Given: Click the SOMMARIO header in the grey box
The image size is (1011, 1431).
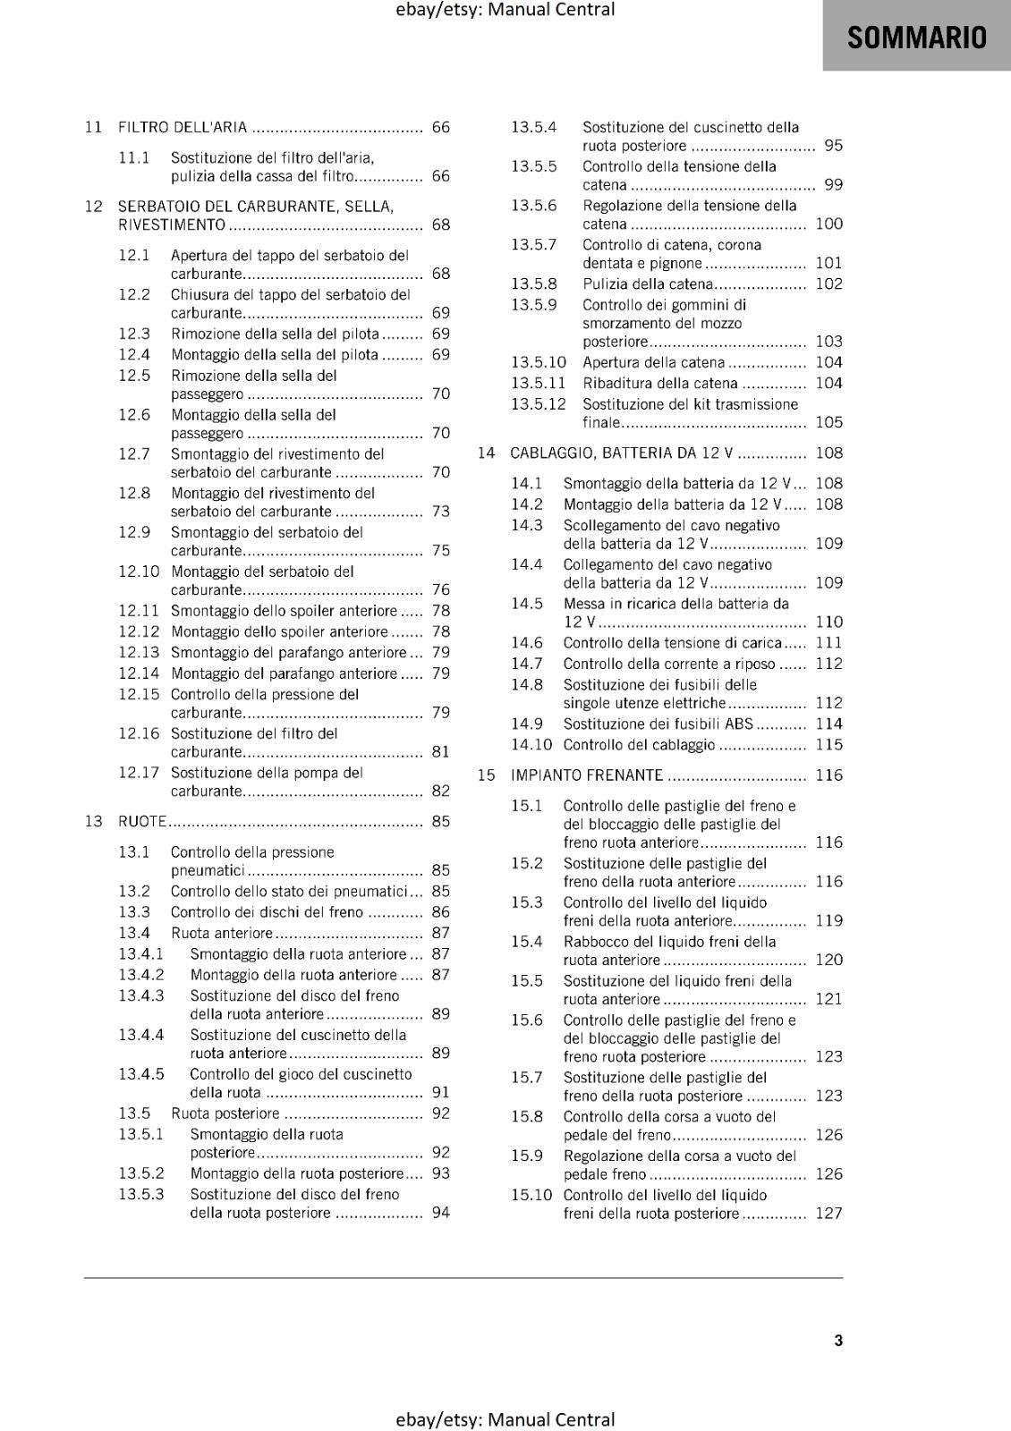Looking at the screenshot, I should tap(916, 38).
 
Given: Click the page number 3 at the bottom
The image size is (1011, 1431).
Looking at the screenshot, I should tap(838, 1340).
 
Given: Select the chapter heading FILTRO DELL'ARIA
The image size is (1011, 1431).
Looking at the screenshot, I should tap(183, 127).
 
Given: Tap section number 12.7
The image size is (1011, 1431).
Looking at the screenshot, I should tap(134, 453).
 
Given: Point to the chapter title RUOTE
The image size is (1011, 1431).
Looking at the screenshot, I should tap(142, 821).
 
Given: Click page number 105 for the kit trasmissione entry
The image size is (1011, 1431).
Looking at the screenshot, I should tap(828, 422).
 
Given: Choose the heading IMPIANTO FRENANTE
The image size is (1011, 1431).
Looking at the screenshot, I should tap(587, 775).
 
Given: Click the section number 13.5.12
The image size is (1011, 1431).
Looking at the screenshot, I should tap(539, 403).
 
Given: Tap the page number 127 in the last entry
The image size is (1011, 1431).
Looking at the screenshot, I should tap(828, 1214).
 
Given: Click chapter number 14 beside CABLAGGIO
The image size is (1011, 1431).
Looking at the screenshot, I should tap(486, 453).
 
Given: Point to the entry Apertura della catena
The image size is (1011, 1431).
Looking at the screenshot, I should tap(653, 362).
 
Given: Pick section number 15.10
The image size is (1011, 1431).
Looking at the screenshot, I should tap(531, 1195).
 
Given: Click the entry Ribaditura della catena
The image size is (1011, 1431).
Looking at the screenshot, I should tap(660, 383).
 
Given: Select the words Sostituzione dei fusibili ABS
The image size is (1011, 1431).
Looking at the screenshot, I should tap(658, 724).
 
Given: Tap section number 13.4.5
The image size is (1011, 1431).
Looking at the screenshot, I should tap(141, 1074).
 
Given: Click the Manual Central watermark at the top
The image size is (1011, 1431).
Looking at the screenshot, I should tap(505, 10).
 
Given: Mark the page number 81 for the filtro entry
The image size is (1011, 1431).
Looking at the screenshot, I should tap(440, 752).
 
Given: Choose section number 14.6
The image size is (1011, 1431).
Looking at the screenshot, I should tap(527, 642).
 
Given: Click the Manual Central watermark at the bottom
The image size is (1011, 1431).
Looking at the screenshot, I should tap(505, 1419).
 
